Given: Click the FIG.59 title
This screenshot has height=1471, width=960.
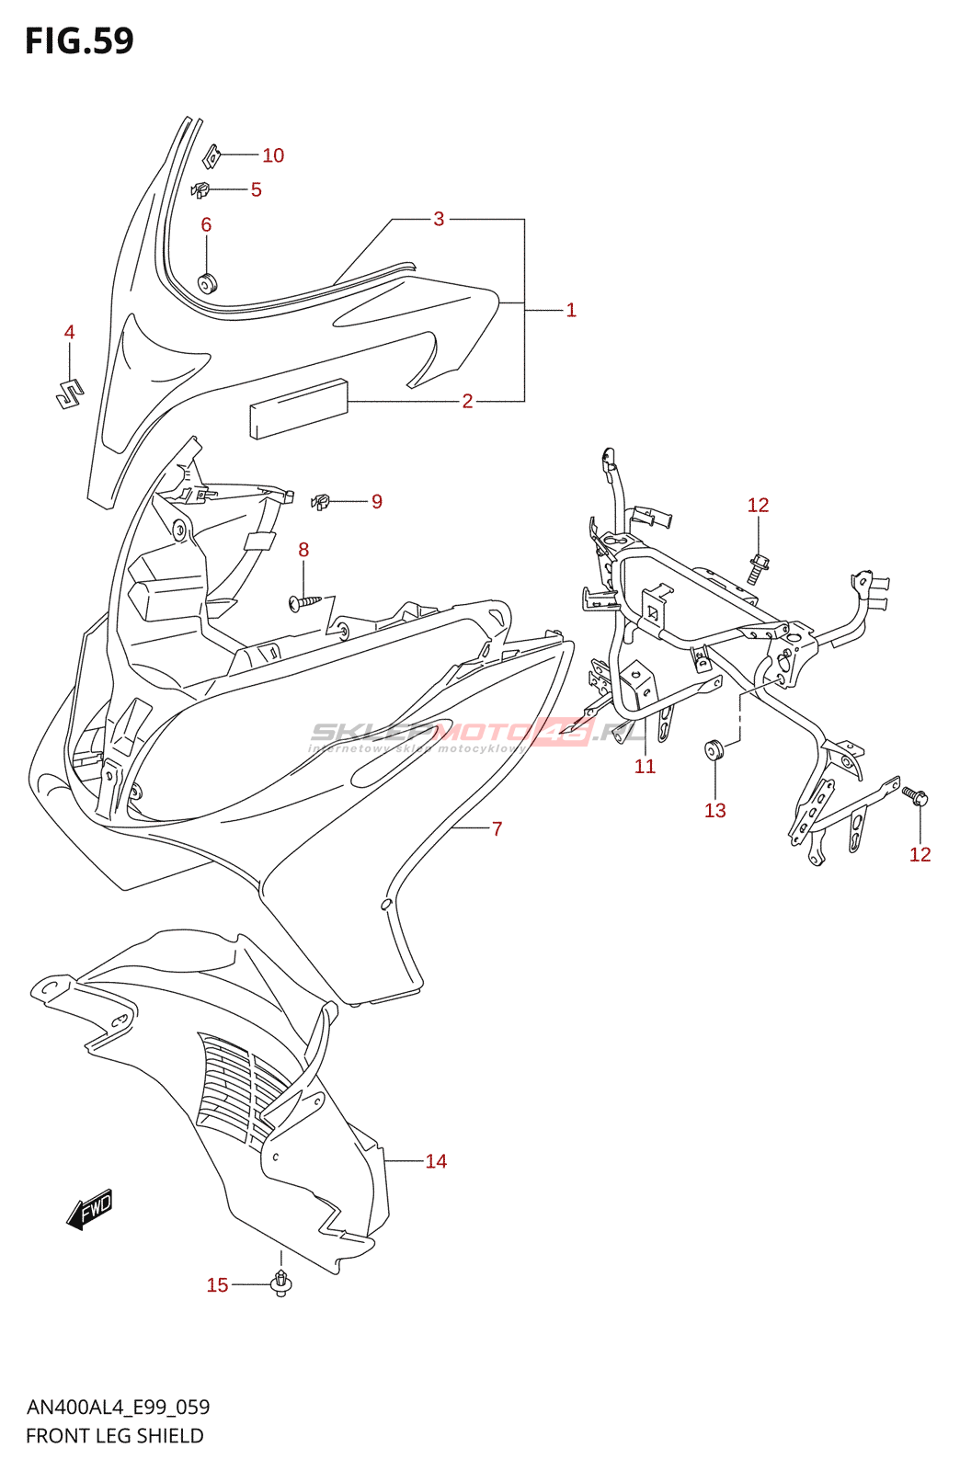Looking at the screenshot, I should pos(79,41).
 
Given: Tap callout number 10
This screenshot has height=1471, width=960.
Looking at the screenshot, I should pos(273,155).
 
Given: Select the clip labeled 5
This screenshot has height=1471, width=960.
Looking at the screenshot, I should pos(200,190).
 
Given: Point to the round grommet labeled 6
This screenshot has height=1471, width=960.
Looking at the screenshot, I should pos(207,283).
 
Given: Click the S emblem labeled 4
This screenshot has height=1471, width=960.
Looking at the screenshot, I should pos(68,393).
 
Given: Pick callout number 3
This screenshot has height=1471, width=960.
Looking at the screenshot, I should pos(439,219).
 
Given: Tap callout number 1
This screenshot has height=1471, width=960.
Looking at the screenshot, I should pos(571,310).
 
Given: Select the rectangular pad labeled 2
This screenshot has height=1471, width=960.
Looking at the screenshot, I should pos(299,407).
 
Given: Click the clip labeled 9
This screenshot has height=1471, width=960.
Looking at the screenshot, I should pos(321,502).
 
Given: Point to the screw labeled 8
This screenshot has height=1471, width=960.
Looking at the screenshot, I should pos(305,602).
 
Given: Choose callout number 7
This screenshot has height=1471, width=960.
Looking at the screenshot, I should pos(497,828).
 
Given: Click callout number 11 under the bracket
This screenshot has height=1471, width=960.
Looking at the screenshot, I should pos(645,766).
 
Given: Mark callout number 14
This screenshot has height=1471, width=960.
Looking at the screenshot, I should pos(436,1161).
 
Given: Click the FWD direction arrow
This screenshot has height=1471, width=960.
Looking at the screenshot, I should pos(90,1210).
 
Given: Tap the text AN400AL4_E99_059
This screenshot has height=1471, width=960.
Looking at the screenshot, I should pos(118,1407).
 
